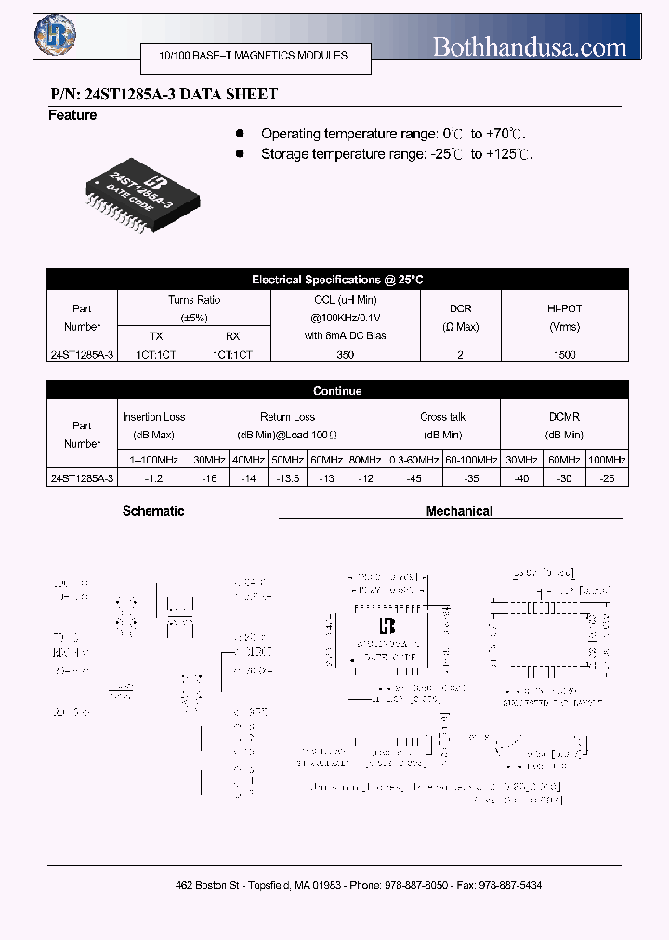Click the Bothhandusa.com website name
click(530, 46)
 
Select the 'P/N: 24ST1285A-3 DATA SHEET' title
click(163, 94)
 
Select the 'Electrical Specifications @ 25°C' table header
click(337, 280)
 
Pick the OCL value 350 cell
click(345, 354)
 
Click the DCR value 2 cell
click(460, 354)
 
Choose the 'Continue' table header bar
click(337, 391)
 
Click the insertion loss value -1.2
click(154, 477)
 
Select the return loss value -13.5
click(288, 477)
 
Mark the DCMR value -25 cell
click(607, 477)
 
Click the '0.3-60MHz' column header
click(413, 460)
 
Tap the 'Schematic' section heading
click(153, 511)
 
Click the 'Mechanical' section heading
click(459, 511)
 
